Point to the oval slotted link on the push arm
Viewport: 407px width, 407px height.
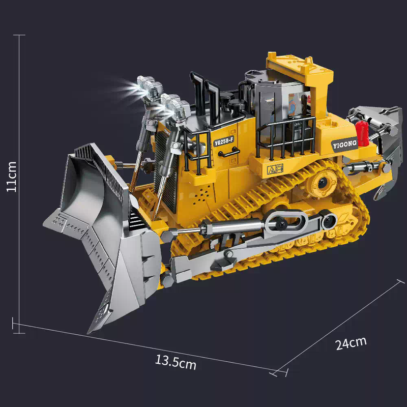(285, 221)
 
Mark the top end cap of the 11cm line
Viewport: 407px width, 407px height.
(19, 35)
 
